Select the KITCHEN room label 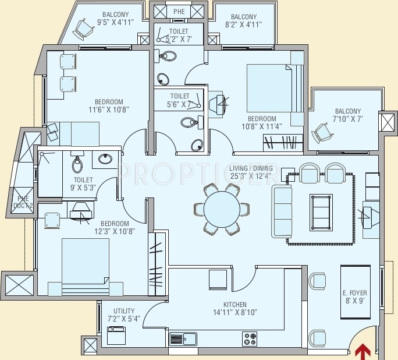(235, 305)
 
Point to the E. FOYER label (354, 293)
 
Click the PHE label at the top (179, 11)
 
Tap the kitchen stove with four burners (250, 338)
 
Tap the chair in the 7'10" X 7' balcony (322, 132)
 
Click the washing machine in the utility (116, 337)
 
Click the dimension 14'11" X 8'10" (235, 313)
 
